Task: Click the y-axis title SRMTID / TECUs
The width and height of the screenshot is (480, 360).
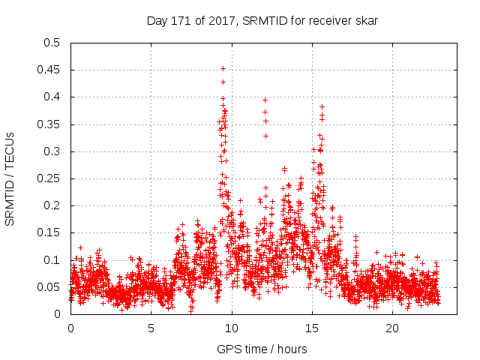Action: coord(10,178)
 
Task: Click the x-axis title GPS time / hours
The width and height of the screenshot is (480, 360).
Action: coord(262,349)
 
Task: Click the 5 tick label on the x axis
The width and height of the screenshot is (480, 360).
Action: coord(151,328)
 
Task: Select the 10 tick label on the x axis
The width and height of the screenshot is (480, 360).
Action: coord(232,328)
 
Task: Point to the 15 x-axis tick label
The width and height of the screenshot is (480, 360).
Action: coord(312,328)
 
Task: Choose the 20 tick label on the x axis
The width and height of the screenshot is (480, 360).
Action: coord(392,328)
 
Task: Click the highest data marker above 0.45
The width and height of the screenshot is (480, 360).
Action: coord(223,68)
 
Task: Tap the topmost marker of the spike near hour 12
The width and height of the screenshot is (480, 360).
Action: coord(265,99)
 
